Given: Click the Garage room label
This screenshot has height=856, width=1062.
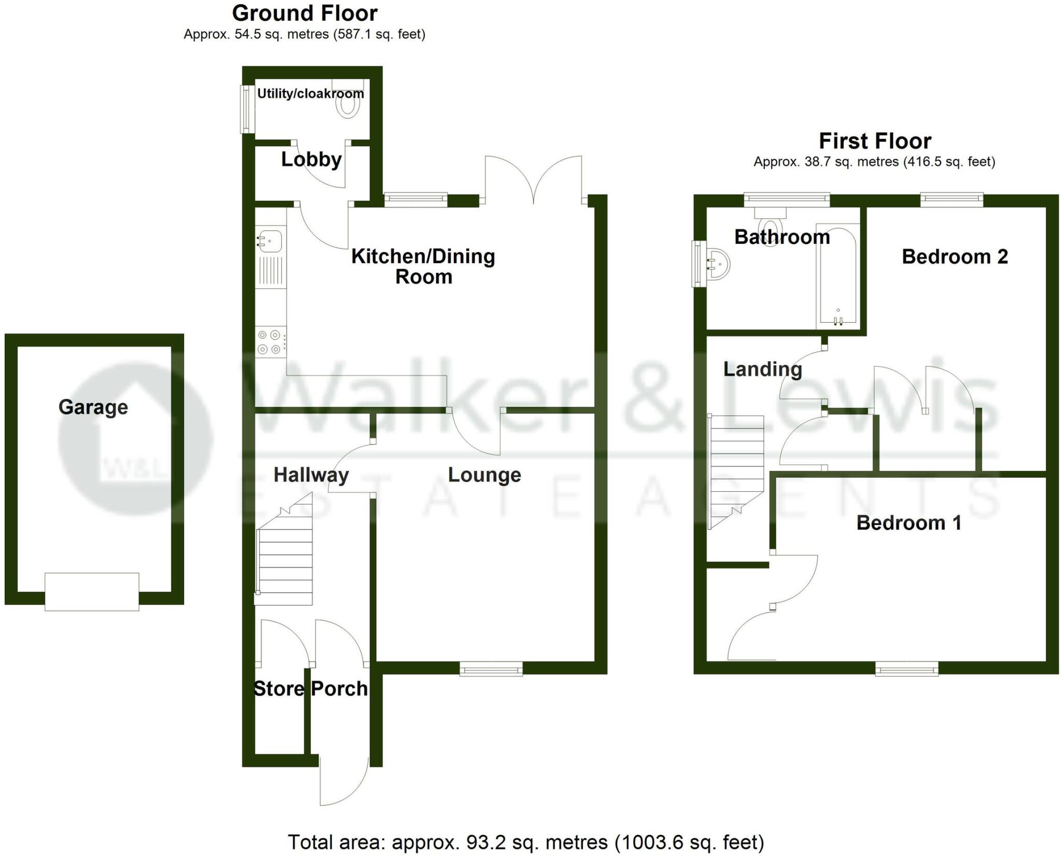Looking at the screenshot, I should pyautogui.click(x=93, y=407).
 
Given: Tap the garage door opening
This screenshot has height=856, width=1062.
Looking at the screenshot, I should pyautogui.click(x=92, y=591).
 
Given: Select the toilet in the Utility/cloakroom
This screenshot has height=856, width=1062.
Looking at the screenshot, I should pyautogui.click(x=348, y=104).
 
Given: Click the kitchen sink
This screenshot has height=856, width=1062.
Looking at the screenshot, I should pyautogui.click(x=270, y=241).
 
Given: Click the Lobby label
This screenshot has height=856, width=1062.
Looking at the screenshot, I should pyautogui.click(x=311, y=159).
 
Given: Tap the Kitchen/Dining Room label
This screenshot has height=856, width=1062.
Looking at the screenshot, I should pyautogui.click(x=423, y=266).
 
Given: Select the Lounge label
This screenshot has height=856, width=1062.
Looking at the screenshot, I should pyautogui.click(x=484, y=475).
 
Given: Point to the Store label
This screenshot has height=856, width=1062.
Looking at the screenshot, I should pyautogui.click(x=278, y=688).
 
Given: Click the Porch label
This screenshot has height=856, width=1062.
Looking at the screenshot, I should pyautogui.click(x=339, y=688).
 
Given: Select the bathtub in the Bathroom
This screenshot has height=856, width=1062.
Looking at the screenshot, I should pyautogui.click(x=837, y=275).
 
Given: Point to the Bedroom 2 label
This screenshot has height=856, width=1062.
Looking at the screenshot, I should pyautogui.click(x=955, y=257).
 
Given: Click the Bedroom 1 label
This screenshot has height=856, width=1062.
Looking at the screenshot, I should pyautogui.click(x=909, y=522).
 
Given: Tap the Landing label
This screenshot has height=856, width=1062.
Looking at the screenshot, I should pyautogui.click(x=762, y=369).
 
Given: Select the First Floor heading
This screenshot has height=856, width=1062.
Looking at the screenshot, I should pyautogui.click(x=875, y=141).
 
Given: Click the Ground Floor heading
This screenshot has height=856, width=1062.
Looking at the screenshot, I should pyautogui.click(x=305, y=13).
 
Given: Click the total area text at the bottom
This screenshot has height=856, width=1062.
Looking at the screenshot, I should pyautogui.click(x=526, y=841).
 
